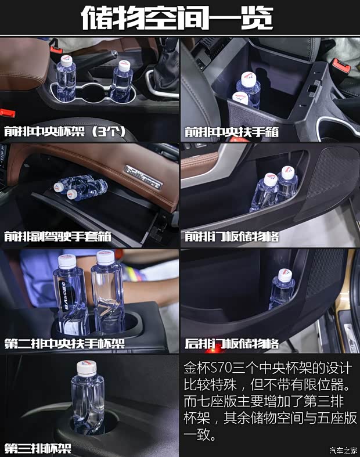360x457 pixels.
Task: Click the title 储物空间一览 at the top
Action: pos(177,18)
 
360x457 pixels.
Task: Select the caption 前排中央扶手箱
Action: pos(232,132)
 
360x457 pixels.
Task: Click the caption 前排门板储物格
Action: pos(232,237)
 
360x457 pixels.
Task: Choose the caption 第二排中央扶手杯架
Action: pos(64,343)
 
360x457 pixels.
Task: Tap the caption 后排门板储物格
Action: pos(232,343)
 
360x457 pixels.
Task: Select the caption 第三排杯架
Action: pos(38,448)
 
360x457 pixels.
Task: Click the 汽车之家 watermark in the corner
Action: pos(343,449)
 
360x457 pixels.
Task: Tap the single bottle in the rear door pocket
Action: pos(283,290)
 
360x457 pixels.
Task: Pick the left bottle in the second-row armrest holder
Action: pos(70,296)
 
